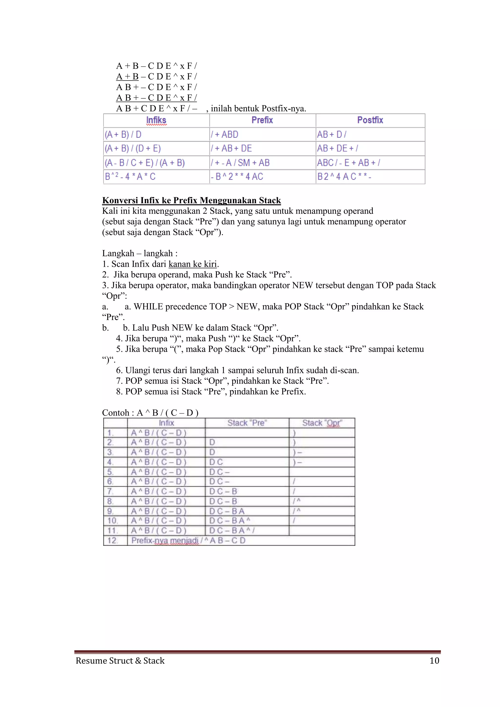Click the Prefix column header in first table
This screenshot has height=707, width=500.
click(x=262, y=120)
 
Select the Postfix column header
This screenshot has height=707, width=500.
click(x=370, y=120)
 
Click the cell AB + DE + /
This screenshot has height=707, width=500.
click(x=337, y=148)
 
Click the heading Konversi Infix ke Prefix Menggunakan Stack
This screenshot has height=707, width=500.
click(x=191, y=200)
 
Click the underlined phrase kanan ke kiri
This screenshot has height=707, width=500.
click(x=192, y=264)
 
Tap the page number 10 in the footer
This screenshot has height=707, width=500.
click(x=434, y=661)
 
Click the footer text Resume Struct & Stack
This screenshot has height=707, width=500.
click(x=120, y=661)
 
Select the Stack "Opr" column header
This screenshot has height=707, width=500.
click(x=322, y=423)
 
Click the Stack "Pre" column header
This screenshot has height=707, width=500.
click(x=247, y=423)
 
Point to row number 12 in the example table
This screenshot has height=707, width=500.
click(x=112, y=541)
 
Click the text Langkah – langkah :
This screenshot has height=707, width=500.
click(x=140, y=253)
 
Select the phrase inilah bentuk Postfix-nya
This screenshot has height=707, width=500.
click(x=258, y=109)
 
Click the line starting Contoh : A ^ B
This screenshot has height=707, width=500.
click(x=150, y=413)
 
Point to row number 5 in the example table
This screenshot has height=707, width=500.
click(x=110, y=472)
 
